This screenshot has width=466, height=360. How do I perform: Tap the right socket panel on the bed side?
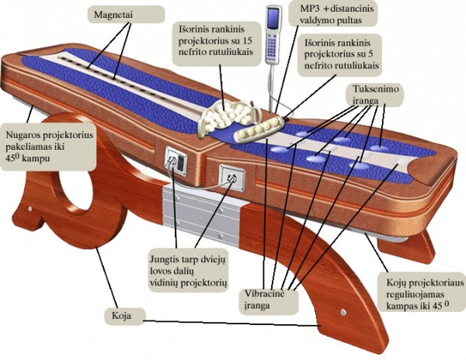231,178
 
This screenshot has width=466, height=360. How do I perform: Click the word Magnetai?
113,16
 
